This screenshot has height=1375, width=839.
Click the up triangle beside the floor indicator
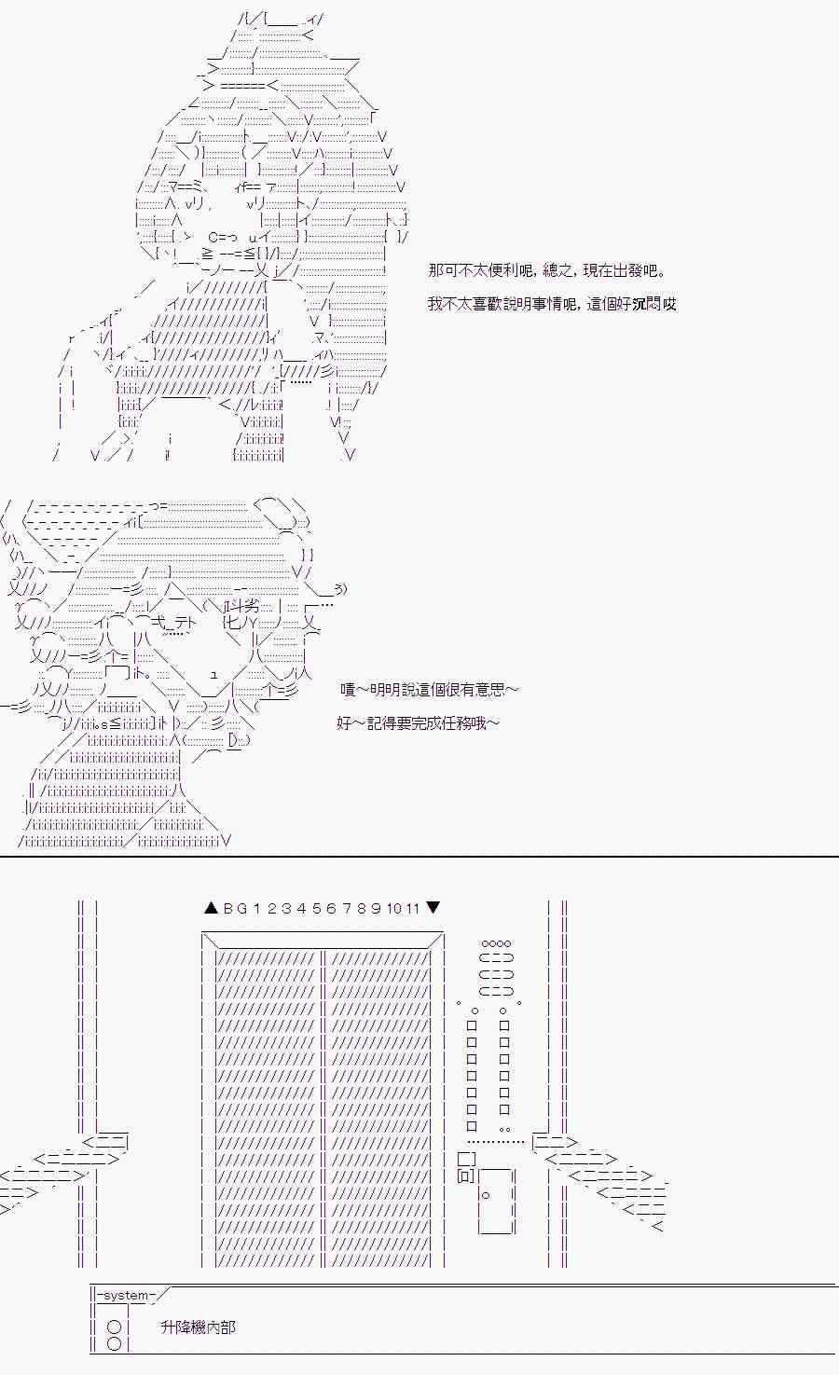tap(211, 907)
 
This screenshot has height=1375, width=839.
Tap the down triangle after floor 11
tap(433, 907)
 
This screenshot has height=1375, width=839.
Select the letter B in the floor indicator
tap(228, 908)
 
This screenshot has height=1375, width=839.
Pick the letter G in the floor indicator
tap(242, 908)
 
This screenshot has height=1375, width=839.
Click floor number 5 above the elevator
tap(317, 908)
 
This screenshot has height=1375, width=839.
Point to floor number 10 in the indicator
tap(394, 908)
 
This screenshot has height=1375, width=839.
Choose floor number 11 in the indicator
tap(412, 908)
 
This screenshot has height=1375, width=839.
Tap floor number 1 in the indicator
tap(257, 908)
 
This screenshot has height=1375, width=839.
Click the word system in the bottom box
tap(126, 1295)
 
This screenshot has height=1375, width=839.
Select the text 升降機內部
tap(198, 1327)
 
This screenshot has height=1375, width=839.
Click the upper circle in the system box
tap(114, 1327)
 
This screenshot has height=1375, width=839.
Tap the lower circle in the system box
tap(114, 1344)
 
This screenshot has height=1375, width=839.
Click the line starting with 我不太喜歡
tap(552, 303)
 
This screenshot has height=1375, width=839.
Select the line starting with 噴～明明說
tap(430, 689)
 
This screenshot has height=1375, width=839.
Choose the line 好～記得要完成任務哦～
tap(418, 723)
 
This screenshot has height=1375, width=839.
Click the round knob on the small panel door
tap(486, 1195)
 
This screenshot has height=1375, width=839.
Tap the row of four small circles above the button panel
tap(497, 943)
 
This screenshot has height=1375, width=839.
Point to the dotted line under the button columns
tap(496, 1142)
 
